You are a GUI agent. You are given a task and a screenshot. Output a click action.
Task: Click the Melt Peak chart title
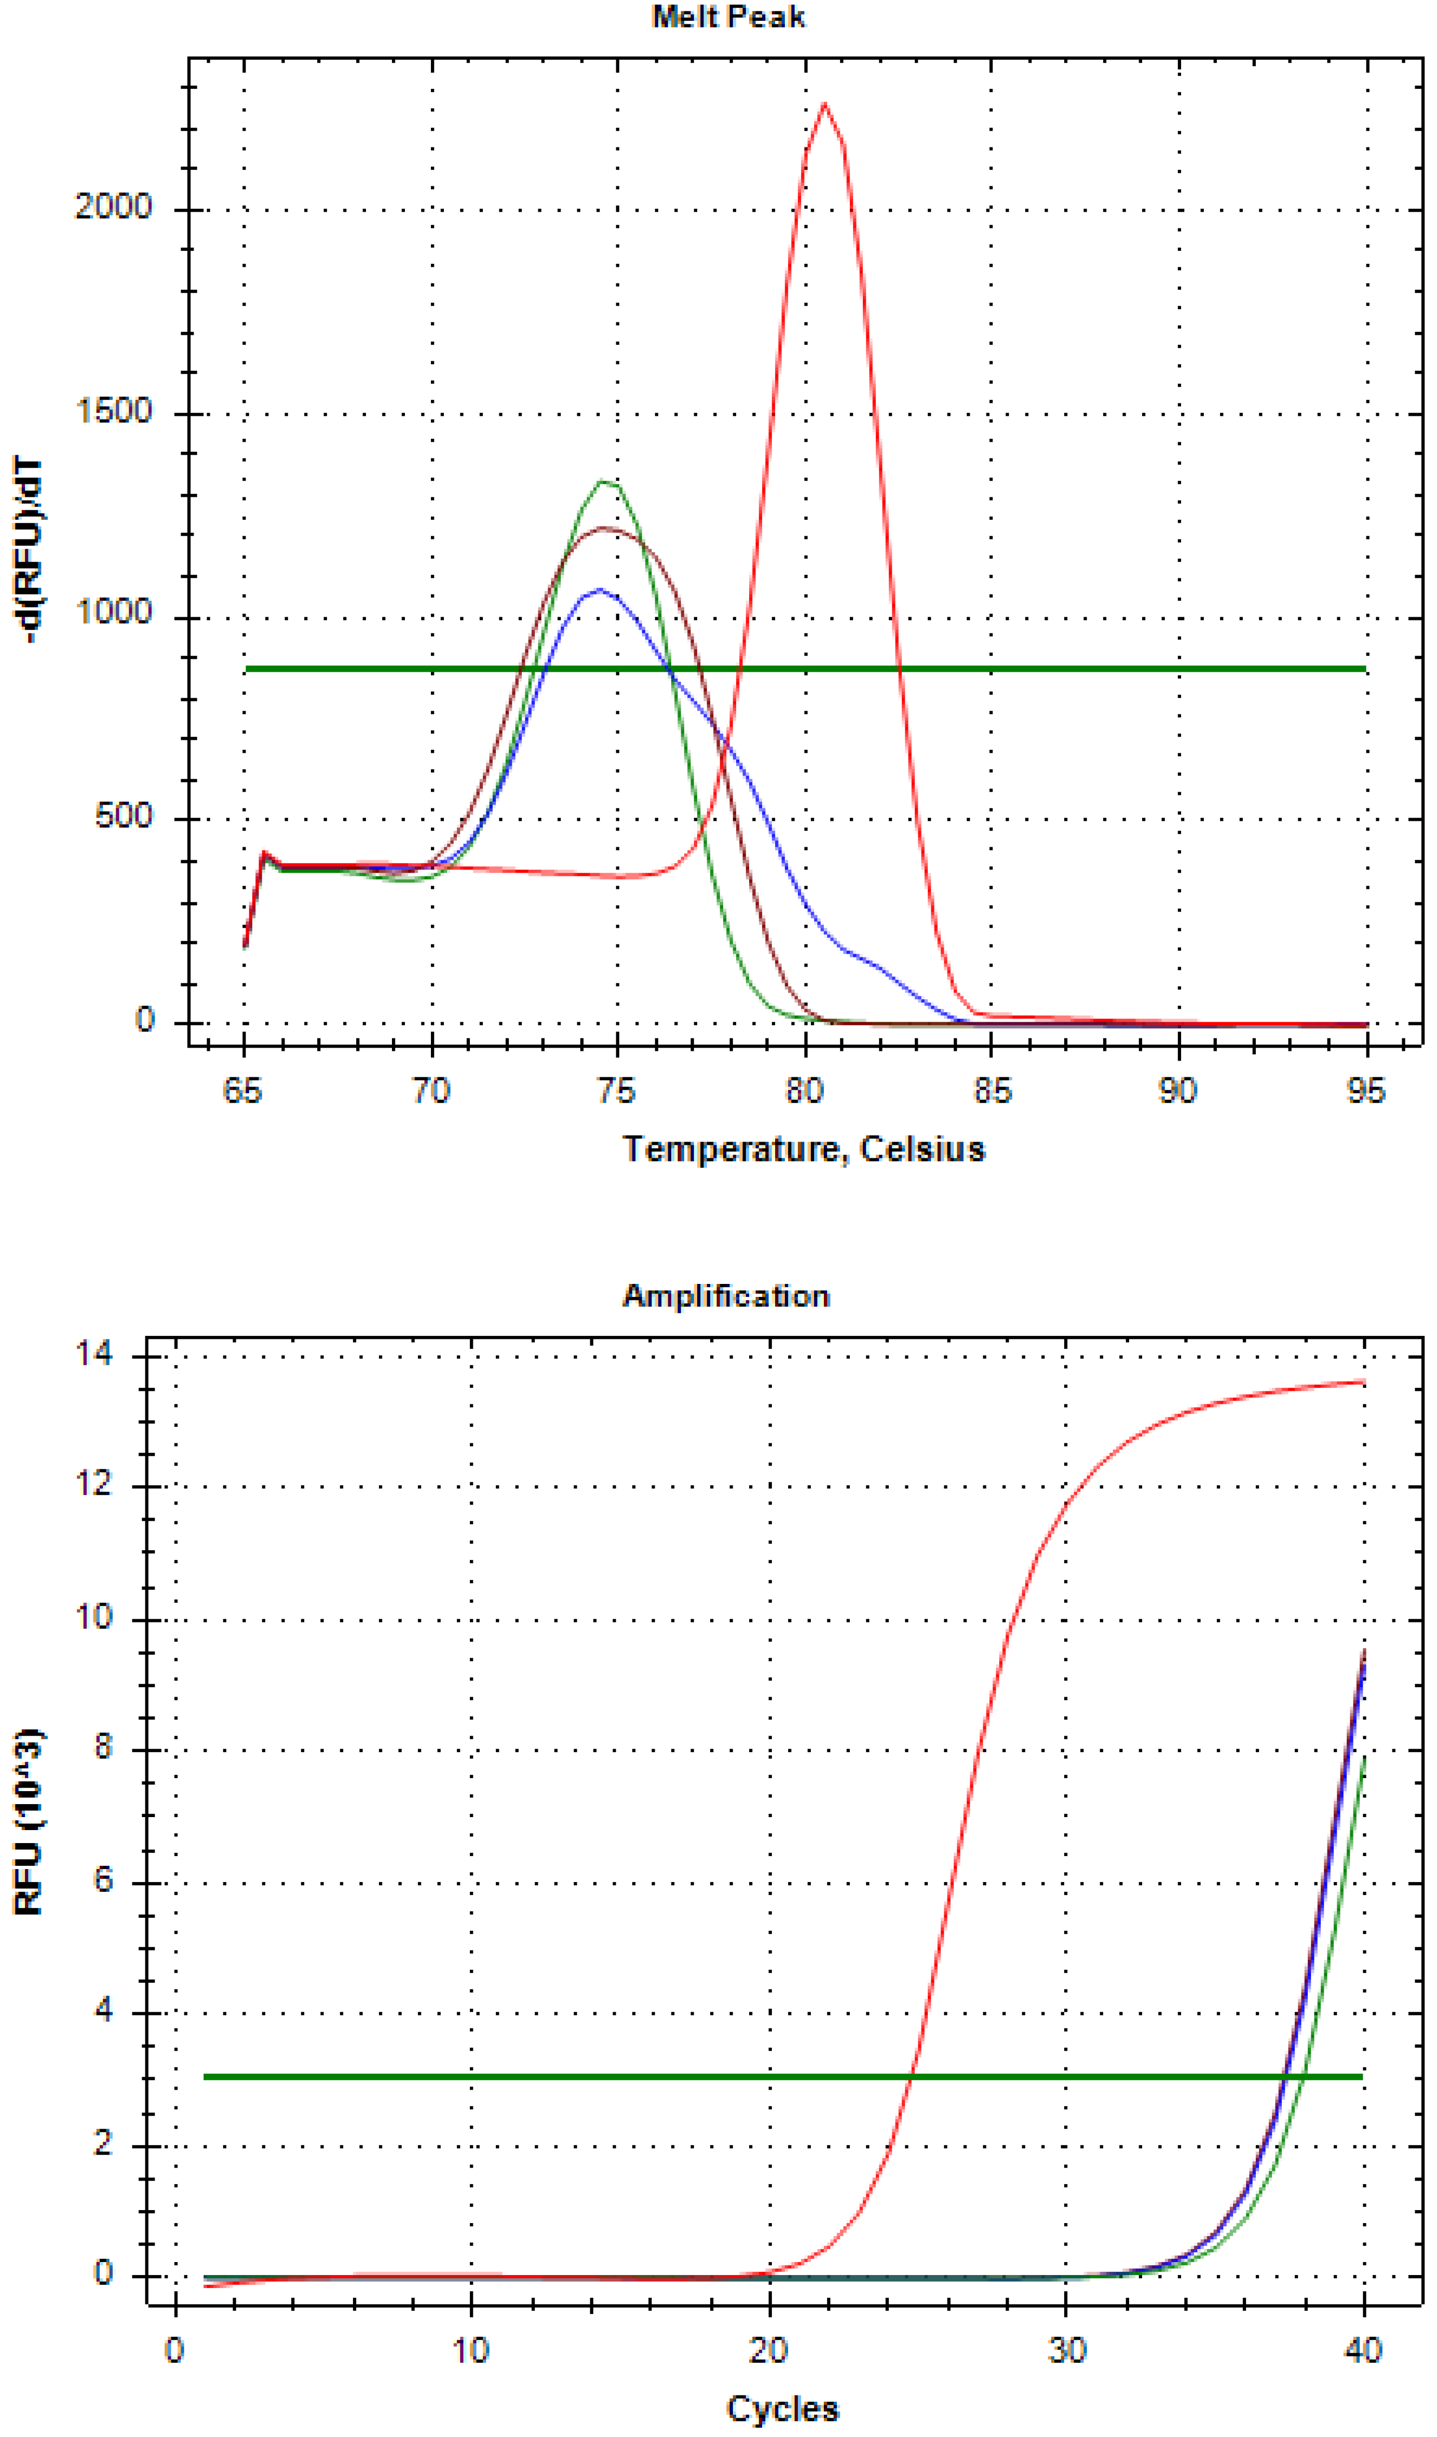click(728, 18)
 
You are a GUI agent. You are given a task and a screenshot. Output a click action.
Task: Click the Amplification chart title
click(726, 1296)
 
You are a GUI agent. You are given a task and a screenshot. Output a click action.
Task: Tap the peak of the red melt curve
click(824, 104)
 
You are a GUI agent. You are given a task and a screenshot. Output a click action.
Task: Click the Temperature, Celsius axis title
click(804, 1149)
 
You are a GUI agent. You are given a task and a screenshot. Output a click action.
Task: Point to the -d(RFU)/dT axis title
click(31, 550)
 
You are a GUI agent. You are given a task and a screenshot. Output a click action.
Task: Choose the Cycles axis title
click(782, 2409)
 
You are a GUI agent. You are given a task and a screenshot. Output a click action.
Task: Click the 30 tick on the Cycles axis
click(1067, 2351)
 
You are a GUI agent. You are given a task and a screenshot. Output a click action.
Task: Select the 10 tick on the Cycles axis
click(471, 2351)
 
